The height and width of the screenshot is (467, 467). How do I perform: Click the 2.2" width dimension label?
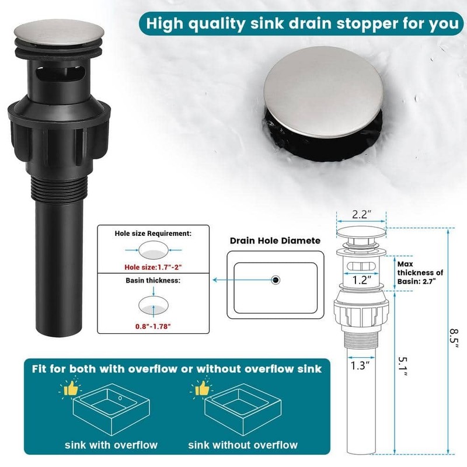[x=361, y=214]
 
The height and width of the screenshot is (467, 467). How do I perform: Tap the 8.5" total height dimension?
[x=454, y=339]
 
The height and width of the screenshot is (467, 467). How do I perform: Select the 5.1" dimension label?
[x=403, y=367]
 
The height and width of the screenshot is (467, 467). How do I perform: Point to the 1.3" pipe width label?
[x=360, y=365]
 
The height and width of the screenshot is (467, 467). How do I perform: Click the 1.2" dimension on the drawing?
[x=361, y=280]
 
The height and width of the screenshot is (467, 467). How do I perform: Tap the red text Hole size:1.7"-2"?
[x=153, y=267]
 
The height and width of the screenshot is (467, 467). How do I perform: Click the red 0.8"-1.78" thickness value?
[x=153, y=326]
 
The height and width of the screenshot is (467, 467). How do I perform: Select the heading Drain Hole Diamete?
[x=275, y=241]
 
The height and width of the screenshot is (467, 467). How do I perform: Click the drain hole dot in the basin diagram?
[x=276, y=280]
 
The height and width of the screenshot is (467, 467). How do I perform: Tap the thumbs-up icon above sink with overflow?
[x=71, y=388]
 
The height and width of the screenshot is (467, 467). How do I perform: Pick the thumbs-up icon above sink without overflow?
[x=202, y=388]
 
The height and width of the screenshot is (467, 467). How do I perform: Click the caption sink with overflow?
[x=111, y=445]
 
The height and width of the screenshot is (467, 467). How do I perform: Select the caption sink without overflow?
[x=243, y=445]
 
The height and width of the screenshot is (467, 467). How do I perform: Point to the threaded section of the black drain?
[x=60, y=187]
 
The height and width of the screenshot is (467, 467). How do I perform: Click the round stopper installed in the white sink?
[x=323, y=92]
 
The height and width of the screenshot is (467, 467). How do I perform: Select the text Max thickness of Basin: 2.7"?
[x=420, y=273]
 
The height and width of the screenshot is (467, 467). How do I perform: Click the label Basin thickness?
[x=153, y=281]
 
